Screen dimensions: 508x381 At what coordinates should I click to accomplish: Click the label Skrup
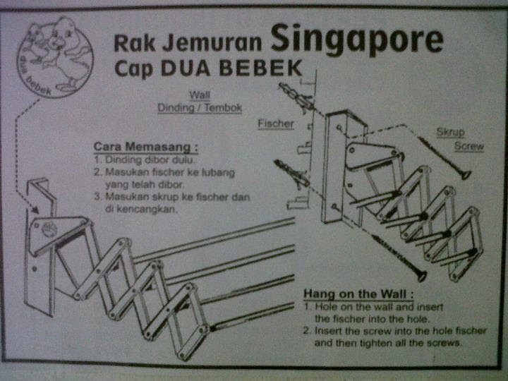450,132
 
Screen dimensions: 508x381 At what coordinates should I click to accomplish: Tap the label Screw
468,147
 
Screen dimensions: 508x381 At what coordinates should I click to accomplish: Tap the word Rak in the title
133,44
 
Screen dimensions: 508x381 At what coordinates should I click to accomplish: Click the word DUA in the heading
186,70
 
